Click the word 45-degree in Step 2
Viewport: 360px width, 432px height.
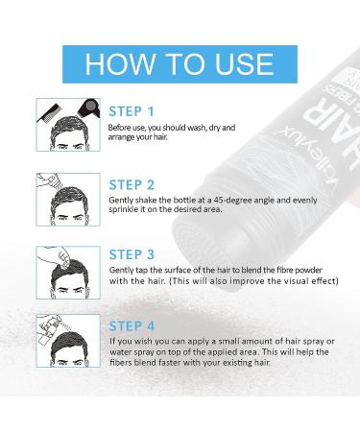tap(236, 199)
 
